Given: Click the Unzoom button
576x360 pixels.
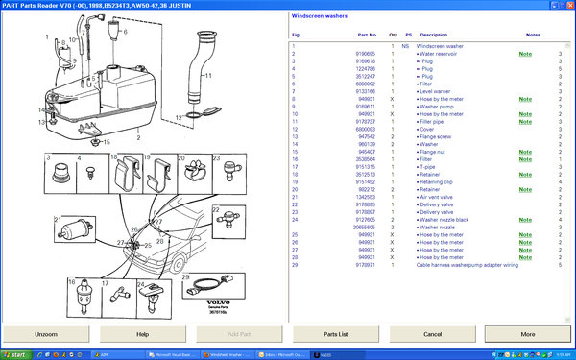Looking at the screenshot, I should pos(46,334).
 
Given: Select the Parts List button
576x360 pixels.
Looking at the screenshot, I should pos(335,334).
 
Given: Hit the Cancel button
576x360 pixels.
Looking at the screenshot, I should pos(431,334).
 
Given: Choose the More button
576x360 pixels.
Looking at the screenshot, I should pos(527,334).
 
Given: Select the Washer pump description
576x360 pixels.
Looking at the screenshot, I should pos(441,107).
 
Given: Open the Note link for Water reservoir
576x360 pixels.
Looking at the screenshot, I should pos(525,54).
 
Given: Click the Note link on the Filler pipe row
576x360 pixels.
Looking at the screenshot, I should pos(525,122).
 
